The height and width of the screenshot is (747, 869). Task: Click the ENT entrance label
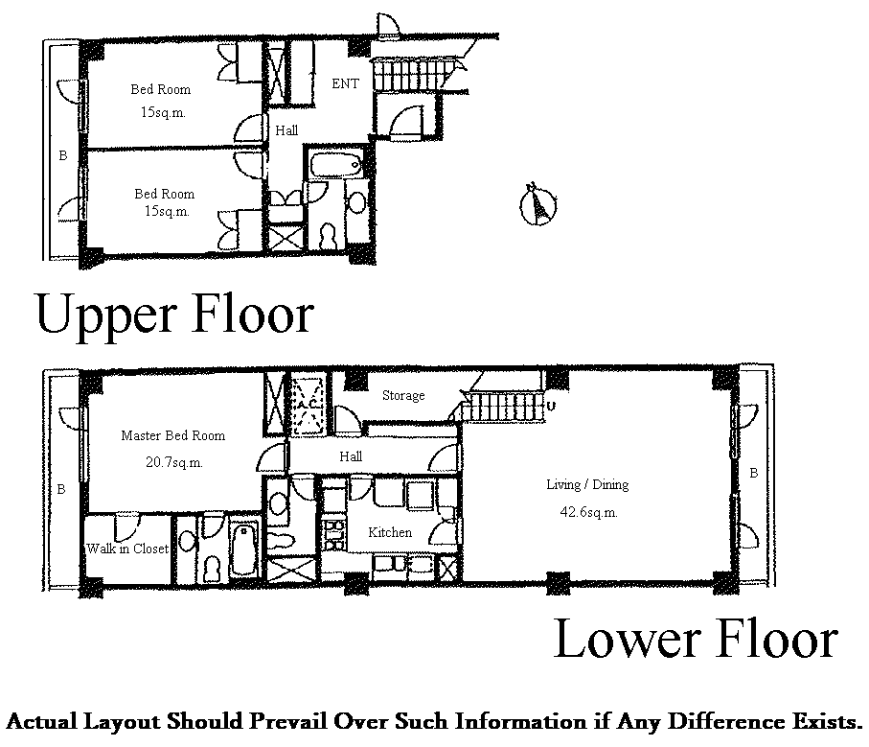pyautogui.click(x=345, y=83)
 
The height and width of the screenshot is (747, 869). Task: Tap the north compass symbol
pyautogui.click(x=538, y=204)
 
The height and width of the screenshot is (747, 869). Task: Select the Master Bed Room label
pyautogui.click(x=172, y=435)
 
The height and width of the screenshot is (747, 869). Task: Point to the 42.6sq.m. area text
pyautogui.click(x=588, y=512)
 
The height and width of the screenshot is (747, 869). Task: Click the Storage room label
pyautogui.click(x=403, y=395)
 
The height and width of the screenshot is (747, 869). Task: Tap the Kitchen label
pyautogui.click(x=390, y=532)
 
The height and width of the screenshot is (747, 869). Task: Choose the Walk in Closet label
pyautogui.click(x=127, y=549)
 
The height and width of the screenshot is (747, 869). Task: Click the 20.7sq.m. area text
pyautogui.click(x=174, y=462)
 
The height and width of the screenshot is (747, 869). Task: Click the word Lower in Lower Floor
pyautogui.click(x=628, y=639)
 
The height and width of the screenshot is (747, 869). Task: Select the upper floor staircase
pyautogui.click(x=415, y=73)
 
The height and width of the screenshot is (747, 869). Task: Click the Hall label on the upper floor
pyautogui.click(x=286, y=130)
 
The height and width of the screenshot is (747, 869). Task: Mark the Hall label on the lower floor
pyautogui.click(x=351, y=456)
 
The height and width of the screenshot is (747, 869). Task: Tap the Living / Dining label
pyautogui.click(x=587, y=484)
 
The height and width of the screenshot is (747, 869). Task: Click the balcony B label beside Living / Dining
pyautogui.click(x=754, y=473)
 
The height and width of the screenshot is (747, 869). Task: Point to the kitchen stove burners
pyautogui.click(x=334, y=534)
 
